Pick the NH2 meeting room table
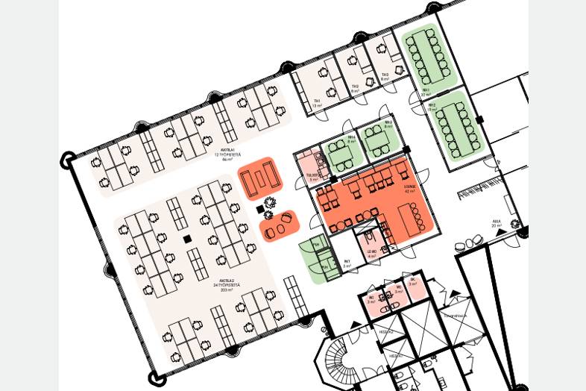456,128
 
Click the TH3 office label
385,77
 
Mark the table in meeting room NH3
377,142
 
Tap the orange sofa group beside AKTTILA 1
260,178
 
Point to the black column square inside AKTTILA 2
187,239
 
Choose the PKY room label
347,263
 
